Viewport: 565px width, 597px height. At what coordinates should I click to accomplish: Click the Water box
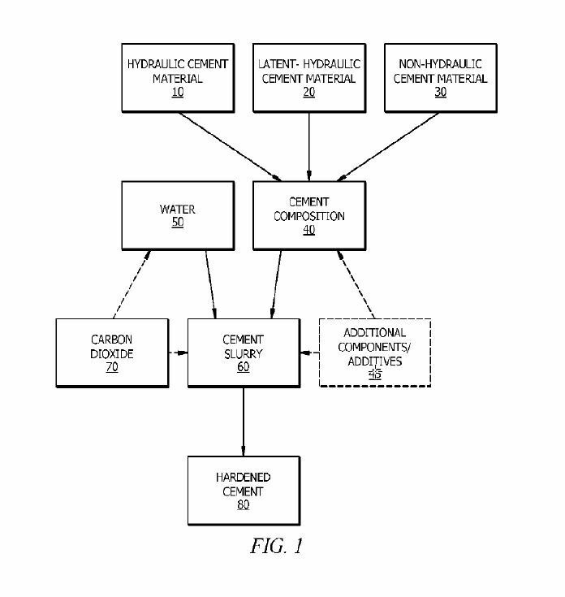176,215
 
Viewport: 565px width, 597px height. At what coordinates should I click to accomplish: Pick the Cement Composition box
308,215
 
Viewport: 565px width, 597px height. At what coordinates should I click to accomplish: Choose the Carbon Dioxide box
110,353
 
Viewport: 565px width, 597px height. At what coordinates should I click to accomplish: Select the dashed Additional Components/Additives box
373,353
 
